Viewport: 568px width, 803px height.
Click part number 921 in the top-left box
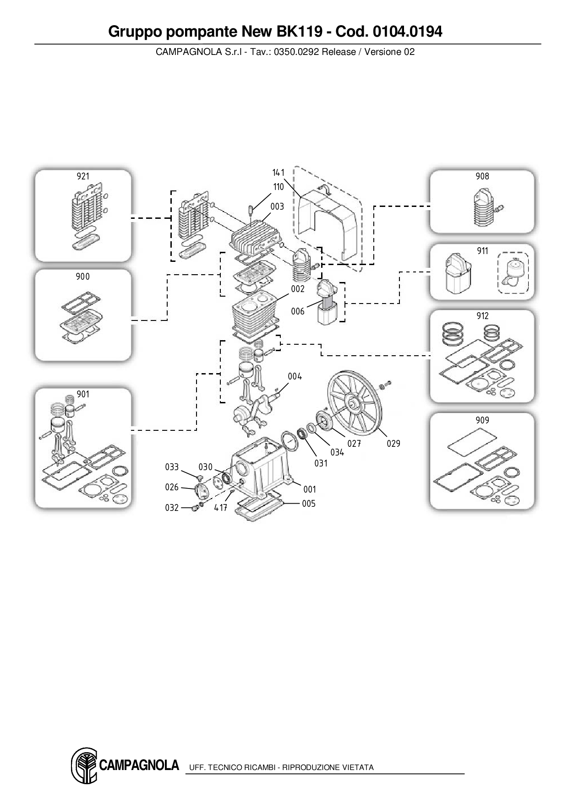tap(83, 176)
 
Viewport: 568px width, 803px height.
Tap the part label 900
tap(82, 277)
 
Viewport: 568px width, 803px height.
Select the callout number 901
tap(83, 394)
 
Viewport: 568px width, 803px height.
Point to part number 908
tap(482, 176)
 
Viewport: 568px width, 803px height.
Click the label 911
tap(482, 251)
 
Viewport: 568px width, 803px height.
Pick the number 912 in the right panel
tap(482, 316)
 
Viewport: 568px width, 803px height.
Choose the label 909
tap(482, 420)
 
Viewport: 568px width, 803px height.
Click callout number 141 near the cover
tap(278, 173)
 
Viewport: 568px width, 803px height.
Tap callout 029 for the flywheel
tap(393, 443)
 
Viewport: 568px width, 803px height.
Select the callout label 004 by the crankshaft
tap(295, 376)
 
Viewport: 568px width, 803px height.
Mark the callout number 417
tap(221, 508)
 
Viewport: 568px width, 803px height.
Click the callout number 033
tap(172, 467)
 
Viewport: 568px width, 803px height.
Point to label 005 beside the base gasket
tap(309, 504)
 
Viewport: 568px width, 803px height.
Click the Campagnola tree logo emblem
tap(84, 765)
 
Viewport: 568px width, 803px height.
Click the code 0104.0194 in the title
tap(407, 32)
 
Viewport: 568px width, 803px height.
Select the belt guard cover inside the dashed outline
tap(326, 220)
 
